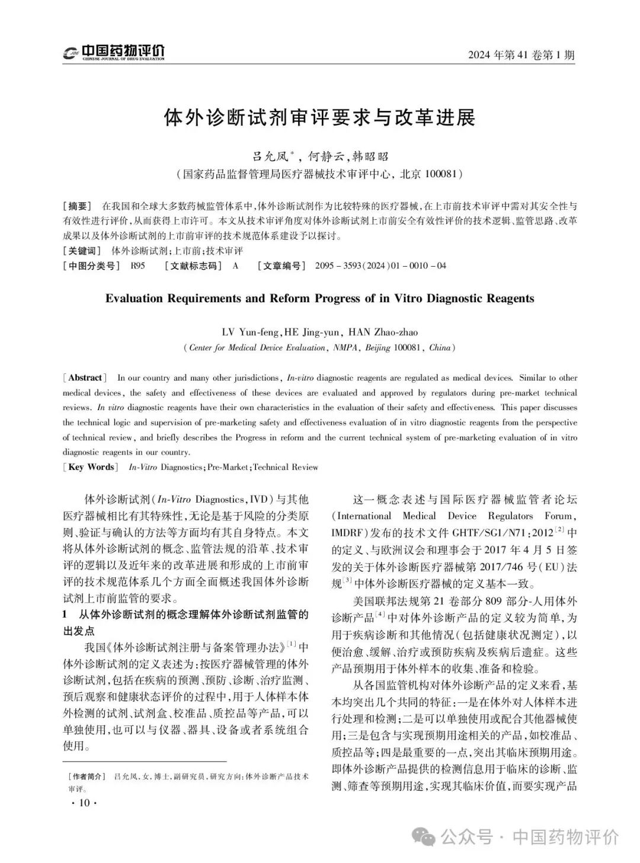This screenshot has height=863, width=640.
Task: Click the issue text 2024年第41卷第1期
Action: [521, 55]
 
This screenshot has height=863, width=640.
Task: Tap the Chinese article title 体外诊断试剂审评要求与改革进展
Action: [319, 117]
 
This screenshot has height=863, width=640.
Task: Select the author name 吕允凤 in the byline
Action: [270, 156]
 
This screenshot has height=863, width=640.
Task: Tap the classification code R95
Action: [137, 266]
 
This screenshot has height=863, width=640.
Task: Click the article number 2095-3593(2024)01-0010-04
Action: [381, 266]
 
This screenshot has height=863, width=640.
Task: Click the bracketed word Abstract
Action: [85, 378]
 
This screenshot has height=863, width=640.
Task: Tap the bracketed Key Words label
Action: [91, 467]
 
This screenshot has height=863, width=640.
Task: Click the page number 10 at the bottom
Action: [83, 803]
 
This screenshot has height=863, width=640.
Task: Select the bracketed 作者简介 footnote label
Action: [87, 776]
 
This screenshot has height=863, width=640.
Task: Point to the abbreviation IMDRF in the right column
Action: [350, 532]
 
